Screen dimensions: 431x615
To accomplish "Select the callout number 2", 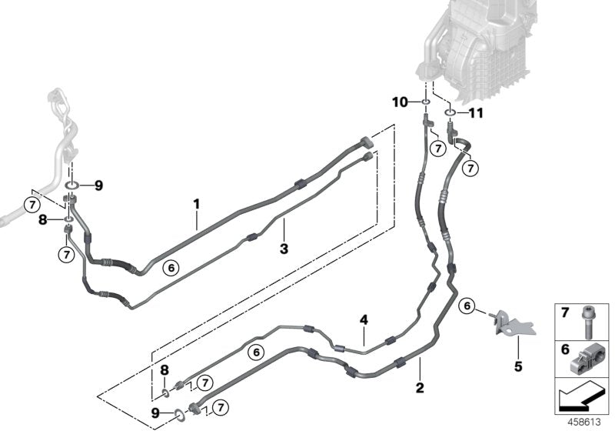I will [x=420, y=387].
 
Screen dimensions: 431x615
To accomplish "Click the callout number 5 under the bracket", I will [x=517, y=366].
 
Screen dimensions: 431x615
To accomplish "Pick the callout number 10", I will [x=400, y=102].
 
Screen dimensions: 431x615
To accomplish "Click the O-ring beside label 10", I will [x=424, y=102].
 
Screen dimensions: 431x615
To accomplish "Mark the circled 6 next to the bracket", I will [x=466, y=306].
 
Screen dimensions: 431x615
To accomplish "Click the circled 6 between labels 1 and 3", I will [x=171, y=268].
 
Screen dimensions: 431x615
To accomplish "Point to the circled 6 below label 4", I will [x=257, y=352].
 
